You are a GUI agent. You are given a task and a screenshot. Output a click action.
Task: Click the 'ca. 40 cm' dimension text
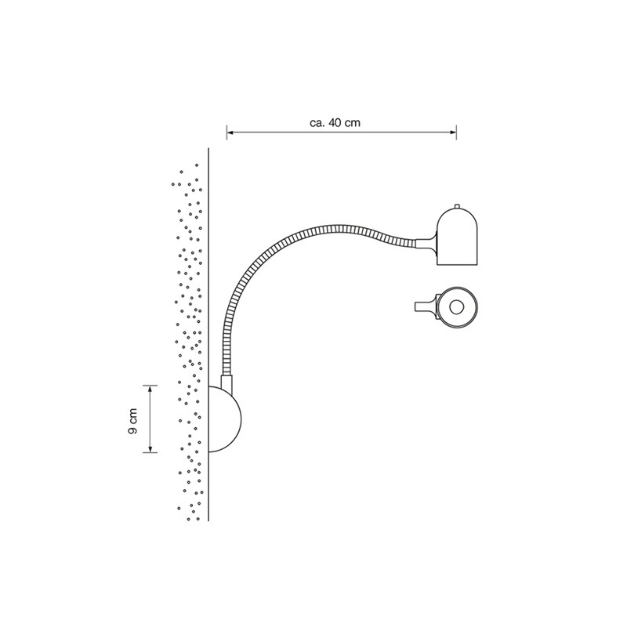click(x=335, y=123)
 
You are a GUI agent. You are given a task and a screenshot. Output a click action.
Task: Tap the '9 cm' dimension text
click(x=132, y=421)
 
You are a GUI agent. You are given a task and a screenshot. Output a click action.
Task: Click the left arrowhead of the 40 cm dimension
click(x=230, y=132)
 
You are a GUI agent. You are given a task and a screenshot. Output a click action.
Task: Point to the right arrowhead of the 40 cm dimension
click(x=453, y=132)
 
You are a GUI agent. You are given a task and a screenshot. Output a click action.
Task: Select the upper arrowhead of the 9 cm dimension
click(x=150, y=389)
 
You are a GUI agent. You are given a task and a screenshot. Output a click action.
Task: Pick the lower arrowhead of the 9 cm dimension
click(x=150, y=449)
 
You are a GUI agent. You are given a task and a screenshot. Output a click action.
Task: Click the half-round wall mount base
click(x=225, y=419)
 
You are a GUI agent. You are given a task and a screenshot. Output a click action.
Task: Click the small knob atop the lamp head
click(x=457, y=206)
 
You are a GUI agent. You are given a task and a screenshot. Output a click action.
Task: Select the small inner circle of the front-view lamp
click(x=455, y=307)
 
